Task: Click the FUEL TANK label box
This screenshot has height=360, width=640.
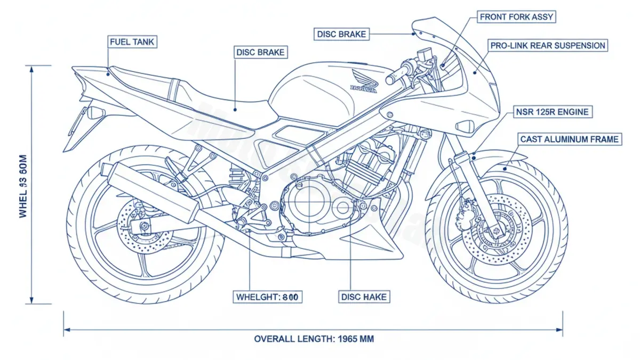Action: [x=133, y=42]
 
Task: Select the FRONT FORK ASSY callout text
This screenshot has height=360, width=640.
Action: [x=517, y=17]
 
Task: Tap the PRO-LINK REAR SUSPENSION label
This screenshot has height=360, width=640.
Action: [x=548, y=46]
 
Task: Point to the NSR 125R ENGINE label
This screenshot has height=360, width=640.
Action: [x=552, y=112]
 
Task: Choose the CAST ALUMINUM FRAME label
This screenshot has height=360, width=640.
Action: [x=570, y=139]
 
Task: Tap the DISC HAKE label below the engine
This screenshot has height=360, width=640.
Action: [x=363, y=297]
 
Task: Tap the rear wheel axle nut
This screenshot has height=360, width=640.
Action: [x=144, y=228]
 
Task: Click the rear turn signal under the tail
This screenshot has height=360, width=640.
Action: [x=95, y=113]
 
